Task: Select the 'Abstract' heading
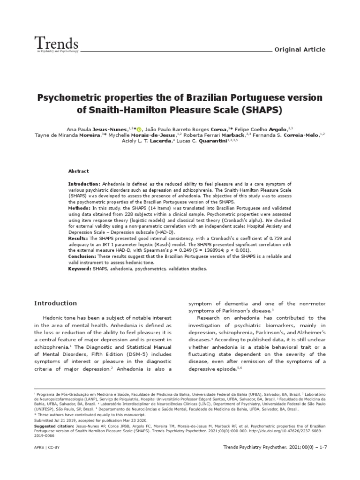(78, 172)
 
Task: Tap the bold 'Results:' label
(79, 239)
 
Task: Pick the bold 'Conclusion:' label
(83, 256)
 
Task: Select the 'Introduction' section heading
(55, 303)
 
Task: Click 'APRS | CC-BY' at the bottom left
(47, 448)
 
